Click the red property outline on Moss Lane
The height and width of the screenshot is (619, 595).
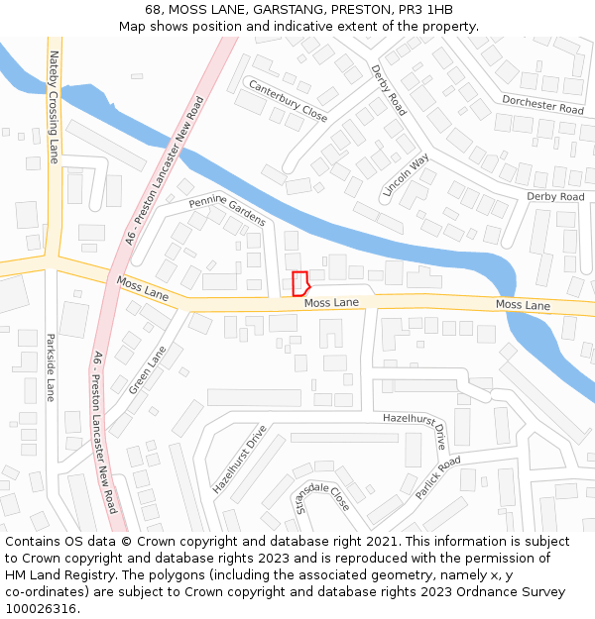tap(300, 283)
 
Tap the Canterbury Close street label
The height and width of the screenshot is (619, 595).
tap(288, 101)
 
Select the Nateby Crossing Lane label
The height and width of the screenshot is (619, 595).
tap(55, 107)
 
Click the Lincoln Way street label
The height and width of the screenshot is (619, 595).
tap(407, 174)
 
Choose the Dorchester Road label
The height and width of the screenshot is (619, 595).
tap(542, 104)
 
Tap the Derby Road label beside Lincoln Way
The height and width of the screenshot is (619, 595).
tap(389, 90)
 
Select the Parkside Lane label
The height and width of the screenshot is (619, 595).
tap(50, 366)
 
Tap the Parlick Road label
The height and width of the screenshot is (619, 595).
tap(437, 477)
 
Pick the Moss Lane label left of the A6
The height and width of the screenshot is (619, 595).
tap(143, 288)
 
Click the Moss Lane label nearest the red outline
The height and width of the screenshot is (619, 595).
tap(331, 302)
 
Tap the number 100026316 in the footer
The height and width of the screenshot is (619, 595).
tap(41, 608)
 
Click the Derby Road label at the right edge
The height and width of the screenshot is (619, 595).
tap(555, 197)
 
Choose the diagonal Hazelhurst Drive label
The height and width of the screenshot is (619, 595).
tap(240, 460)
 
